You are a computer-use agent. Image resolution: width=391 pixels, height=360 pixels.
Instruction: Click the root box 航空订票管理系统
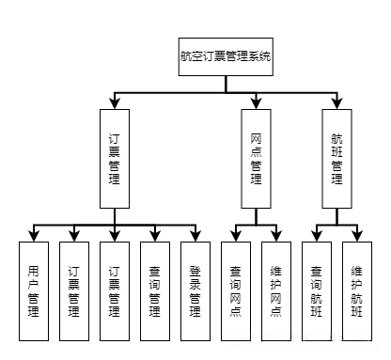(x=226, y=56)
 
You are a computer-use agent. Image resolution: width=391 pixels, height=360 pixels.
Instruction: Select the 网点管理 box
(x=256, y=157)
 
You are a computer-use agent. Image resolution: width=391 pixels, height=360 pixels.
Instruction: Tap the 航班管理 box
(x=336, y=157)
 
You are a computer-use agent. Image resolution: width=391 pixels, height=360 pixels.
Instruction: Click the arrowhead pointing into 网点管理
(x=256, y=102)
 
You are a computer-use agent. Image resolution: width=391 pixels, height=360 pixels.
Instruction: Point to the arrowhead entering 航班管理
(x=336, y=102)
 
